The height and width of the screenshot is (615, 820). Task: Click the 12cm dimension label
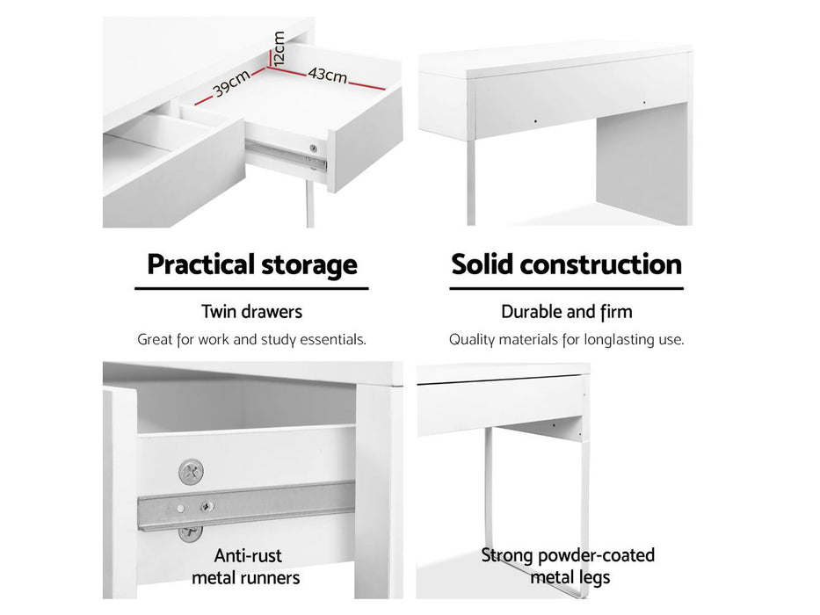point(279,48)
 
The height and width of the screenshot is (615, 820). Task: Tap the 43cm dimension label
point(328,75)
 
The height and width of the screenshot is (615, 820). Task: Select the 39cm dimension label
point(232,83)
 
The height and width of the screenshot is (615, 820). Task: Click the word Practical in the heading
point(200,264)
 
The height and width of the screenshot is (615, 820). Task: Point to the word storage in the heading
point(309,265)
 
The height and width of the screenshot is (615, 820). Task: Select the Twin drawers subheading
point(252,312)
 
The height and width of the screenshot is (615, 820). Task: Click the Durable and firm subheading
point(567,312)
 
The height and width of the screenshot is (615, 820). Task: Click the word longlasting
point(619,340)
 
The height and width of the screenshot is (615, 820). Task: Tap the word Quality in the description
point(472,340)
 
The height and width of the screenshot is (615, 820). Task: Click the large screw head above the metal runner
point(192,473)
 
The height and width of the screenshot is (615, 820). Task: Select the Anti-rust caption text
point(248,555)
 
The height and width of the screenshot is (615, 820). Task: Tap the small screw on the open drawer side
point(313,148)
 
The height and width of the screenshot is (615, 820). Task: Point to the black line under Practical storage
point(251,288)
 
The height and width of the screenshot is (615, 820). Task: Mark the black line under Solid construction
point(566,288)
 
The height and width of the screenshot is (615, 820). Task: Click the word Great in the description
point(155,339)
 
